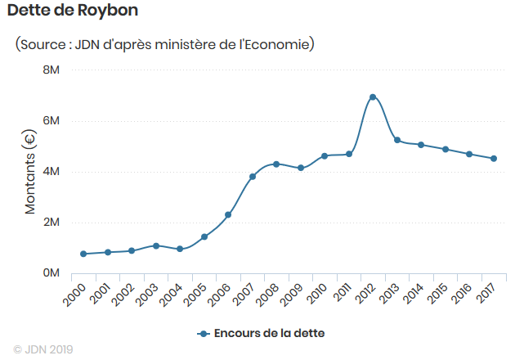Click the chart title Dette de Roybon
pos(73,11)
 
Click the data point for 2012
pos(373,97)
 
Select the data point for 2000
pos(83,254)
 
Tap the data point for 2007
pos(253,177)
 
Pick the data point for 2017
pos(494,159)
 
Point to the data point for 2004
pos(180,249)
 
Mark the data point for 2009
pos(301,168)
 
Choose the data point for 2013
pos(397,140)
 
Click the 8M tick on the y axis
pos(52,70)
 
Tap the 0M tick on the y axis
pos(52,272)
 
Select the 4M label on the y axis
pos(52,172)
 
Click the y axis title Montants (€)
pos(30,172)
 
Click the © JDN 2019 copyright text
pos(43,349)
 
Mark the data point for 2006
pos(228,215)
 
